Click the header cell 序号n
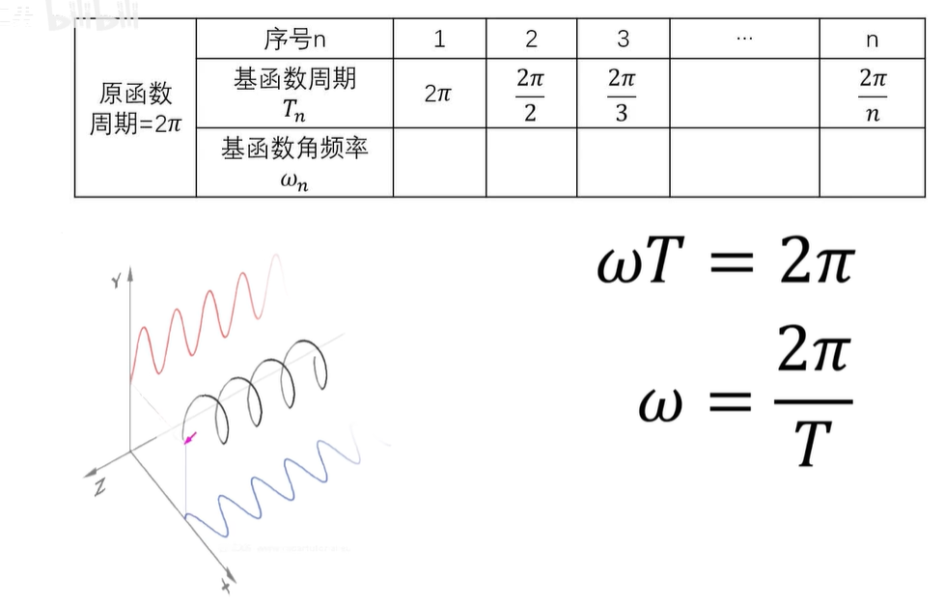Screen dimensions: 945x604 294,40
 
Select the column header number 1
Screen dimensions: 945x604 439,40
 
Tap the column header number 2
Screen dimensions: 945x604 531,40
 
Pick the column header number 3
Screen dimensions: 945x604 623,40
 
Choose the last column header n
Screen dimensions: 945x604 872,41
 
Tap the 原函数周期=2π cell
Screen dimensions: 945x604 136,108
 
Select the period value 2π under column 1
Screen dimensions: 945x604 439,95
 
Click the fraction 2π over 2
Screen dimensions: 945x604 530,95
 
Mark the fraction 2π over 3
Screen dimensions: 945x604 622,95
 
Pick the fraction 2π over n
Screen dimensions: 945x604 873,95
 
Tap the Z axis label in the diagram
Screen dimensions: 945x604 98,487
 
